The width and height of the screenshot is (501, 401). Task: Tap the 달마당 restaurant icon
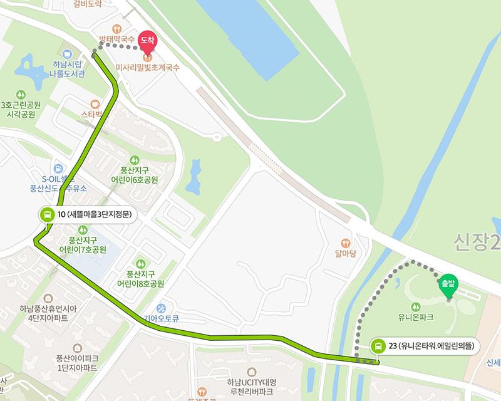[345, 243]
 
